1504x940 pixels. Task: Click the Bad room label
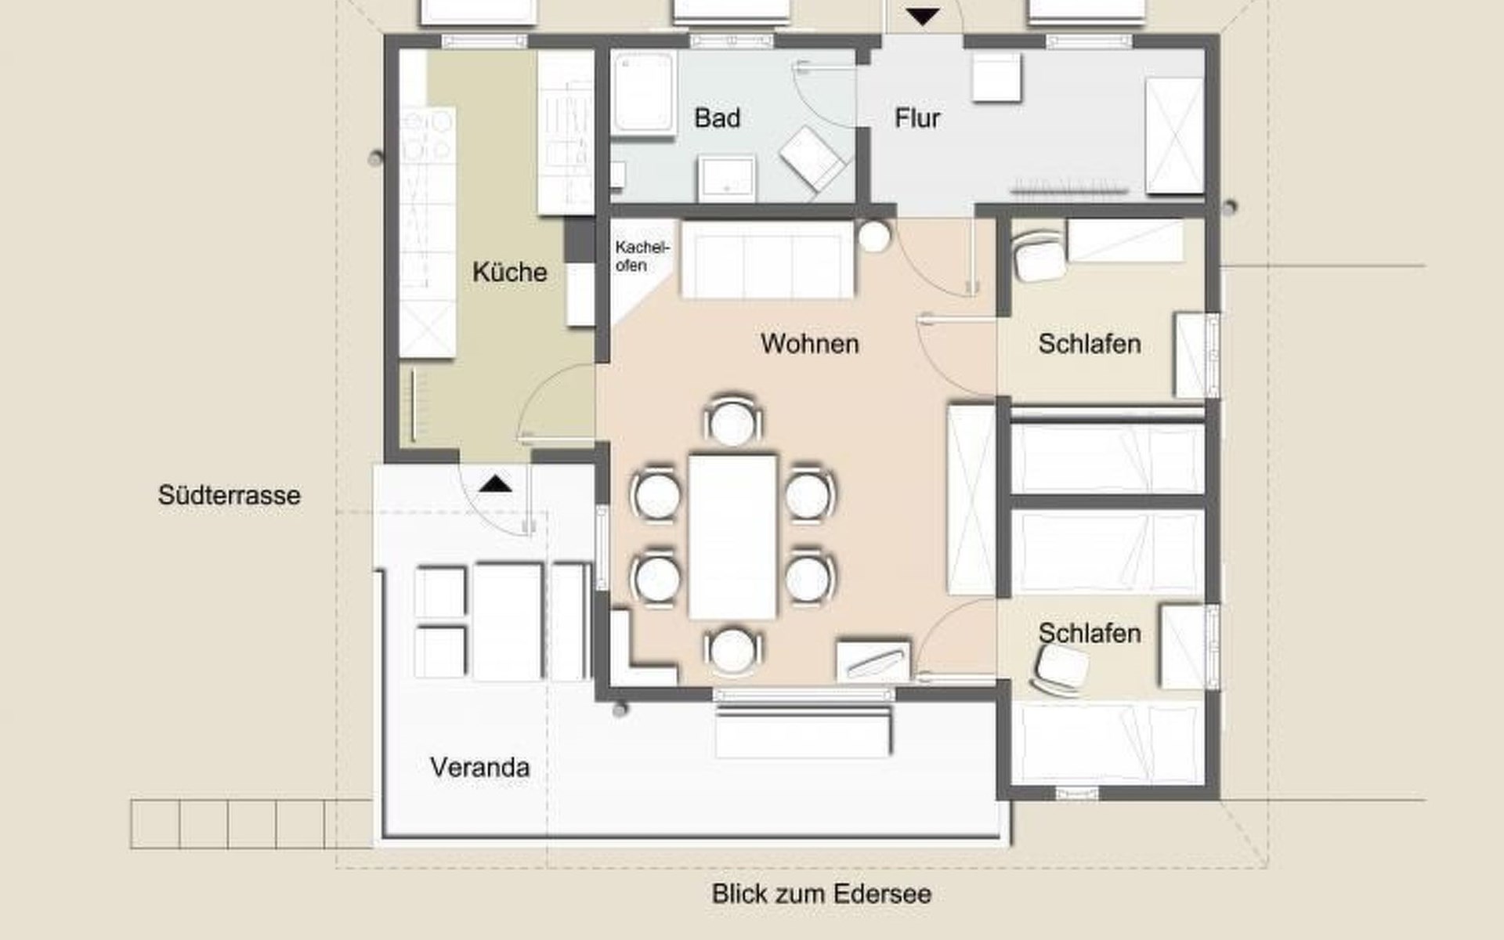717,118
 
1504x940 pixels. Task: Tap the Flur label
917,118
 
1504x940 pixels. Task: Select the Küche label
509,272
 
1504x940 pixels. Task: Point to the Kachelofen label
642,256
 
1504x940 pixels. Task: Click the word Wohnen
809,343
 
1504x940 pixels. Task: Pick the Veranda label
479,767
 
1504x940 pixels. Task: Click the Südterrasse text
229,495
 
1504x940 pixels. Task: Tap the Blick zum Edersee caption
822,894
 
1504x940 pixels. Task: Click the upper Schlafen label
1089,343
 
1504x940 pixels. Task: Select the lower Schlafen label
1089,633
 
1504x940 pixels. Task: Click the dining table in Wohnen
732,536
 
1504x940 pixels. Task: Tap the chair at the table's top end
732,421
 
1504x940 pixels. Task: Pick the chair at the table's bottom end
732,649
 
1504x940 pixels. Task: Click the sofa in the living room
767,259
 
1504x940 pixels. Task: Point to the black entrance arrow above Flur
923,16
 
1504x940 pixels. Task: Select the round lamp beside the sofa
874,235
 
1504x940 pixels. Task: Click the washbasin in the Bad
728,178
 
